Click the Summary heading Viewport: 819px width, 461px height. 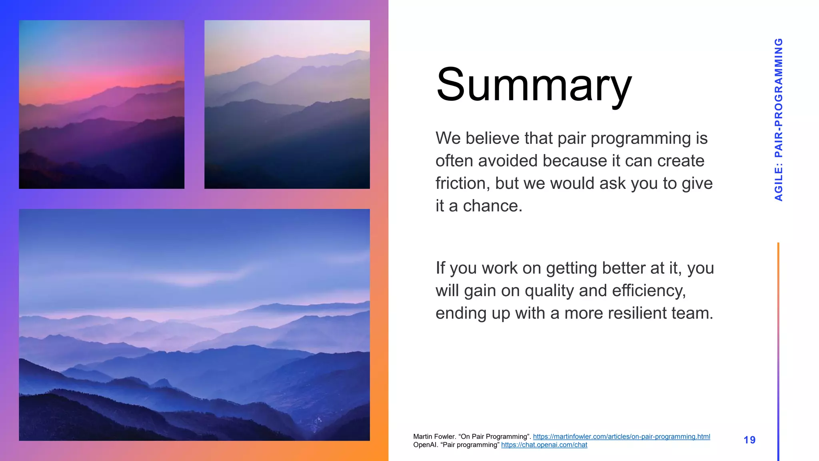pyautogui.click(x=534, y=85)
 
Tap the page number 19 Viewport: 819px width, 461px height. pyautogui.click(x=749, y=440)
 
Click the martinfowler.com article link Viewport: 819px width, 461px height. pyautogui.click(x=621, y=437)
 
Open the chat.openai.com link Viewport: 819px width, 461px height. pyautogui.click(x=544, y=445)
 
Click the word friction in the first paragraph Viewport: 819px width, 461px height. pyautogui.click(x=463, y=183)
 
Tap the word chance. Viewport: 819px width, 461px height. pyautogui.click(x=492, y=206)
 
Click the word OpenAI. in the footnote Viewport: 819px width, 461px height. pyautogui.click(x=425, y=445)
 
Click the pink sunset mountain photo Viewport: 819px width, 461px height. pyautogui.click(x=102, y=104)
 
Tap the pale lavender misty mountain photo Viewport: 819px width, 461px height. pyautogui.click(x=287, y=104)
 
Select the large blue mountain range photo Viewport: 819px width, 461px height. pyautogui.click(x=194, y=325)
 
